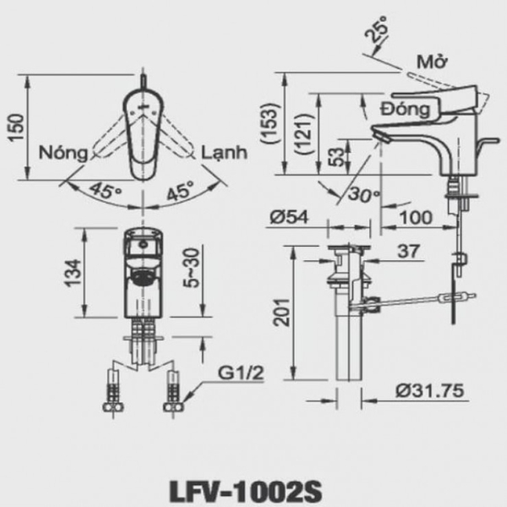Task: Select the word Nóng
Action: coord(64,154)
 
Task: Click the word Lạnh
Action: coord(224,154)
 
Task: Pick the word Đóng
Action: coord(406,110)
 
